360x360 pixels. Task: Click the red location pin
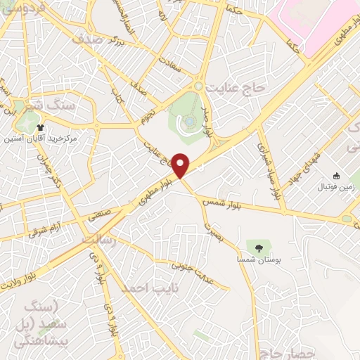pos(181,165)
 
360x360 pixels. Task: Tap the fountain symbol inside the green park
pos(191,122)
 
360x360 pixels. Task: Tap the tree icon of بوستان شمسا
pos(259,247)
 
